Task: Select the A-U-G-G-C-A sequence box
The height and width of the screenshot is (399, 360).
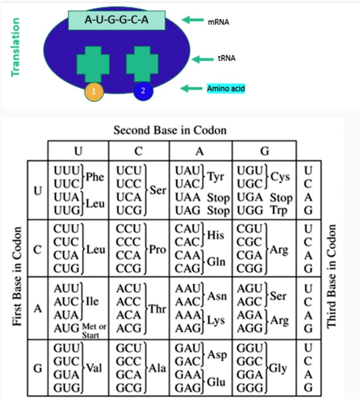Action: click(117, 20)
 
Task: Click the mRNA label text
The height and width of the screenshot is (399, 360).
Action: click(218, 23)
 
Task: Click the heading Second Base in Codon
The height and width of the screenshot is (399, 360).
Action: click(170, 130)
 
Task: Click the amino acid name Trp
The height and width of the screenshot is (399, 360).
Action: click(279, 210)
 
